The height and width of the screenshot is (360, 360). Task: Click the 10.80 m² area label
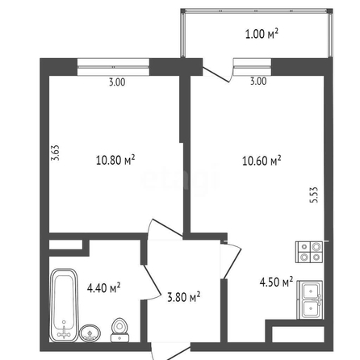coord(115,160)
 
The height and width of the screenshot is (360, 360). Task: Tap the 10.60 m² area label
coord(262,161)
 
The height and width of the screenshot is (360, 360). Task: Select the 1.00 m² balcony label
coord(262,34)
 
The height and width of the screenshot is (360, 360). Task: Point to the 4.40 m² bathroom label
coord(103,288)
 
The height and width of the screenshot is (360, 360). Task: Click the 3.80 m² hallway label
coord(183,297)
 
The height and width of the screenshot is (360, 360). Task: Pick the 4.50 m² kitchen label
coord(276,282)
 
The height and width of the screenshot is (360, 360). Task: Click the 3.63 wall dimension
coord(55,153)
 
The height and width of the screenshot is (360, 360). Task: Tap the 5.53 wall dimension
coord(314,195)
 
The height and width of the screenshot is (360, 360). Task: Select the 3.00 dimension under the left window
coord(117,82)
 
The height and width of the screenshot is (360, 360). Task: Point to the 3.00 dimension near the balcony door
coord(258,81)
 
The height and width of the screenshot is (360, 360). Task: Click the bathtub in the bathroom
coord(64,305)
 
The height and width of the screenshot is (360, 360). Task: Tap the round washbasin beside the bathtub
coord(90,333)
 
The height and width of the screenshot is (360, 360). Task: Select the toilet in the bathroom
coord(120,330)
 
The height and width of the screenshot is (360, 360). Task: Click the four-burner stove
coord(309,252)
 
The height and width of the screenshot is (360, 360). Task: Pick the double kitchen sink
coord(310,300)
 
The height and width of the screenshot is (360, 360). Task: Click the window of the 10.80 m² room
coord(113,67)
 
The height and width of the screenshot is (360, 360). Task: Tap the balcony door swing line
coord(216,74)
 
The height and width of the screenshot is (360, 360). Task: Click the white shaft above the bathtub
coord(65,245)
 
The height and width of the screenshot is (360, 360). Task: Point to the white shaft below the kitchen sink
coord(298,334)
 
